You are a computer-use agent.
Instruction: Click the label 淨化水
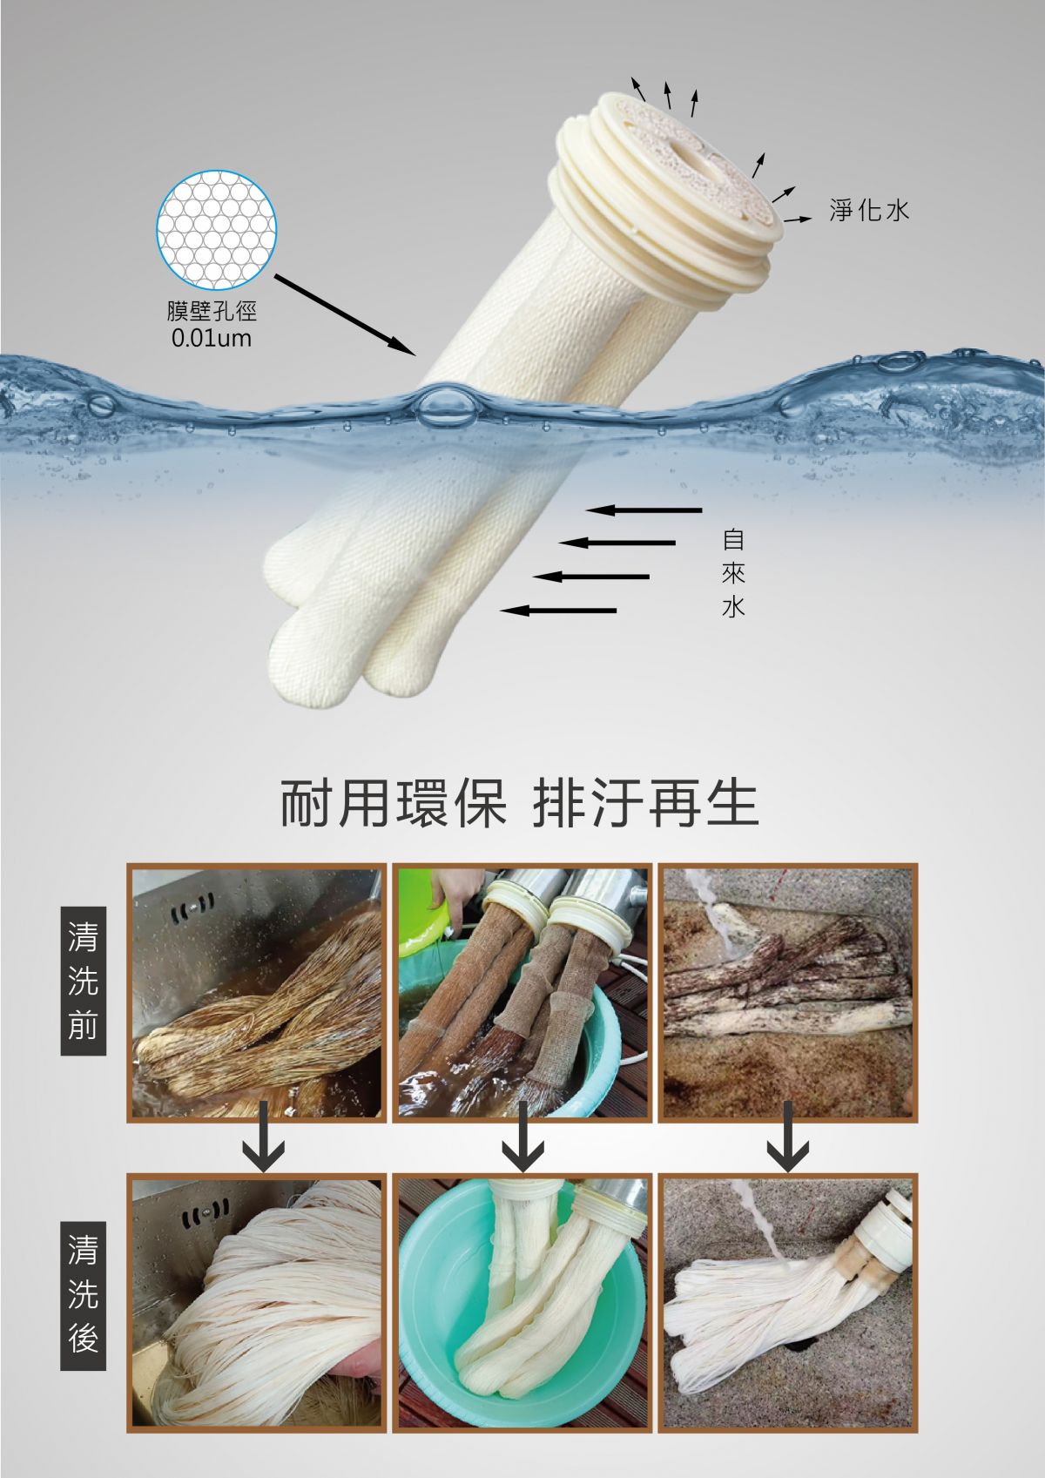[x=869, y=210]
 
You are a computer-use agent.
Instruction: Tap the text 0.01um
[x=211, y=339]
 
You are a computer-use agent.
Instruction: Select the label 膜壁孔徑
[x=211, y=311]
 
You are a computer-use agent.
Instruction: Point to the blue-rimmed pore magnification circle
[x=216, y=230]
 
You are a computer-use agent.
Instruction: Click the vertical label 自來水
[x=733, y=572]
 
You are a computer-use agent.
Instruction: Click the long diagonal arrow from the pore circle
[x=345, y=315]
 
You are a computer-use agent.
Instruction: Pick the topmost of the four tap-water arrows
[x=644, y=510]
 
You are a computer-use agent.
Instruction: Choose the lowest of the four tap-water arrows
[x=558, y=611]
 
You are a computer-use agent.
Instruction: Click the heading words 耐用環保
[x=394, y=804]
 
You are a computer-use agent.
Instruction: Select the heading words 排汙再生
[x=645, y=804]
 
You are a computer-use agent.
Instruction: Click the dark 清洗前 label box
[x=83, y=981]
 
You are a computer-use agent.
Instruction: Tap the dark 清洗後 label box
[x=83, y=1295]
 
